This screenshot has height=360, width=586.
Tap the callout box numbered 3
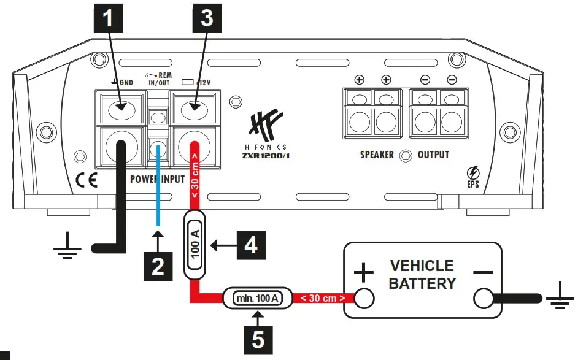point(207,18)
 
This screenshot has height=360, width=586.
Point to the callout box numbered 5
point(258,339)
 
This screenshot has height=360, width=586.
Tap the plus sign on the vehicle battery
point(364,271)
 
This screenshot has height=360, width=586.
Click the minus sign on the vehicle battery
point(483,271)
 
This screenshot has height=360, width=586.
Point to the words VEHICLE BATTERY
point(422,274)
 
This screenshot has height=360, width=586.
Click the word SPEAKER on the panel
point(377,155)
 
